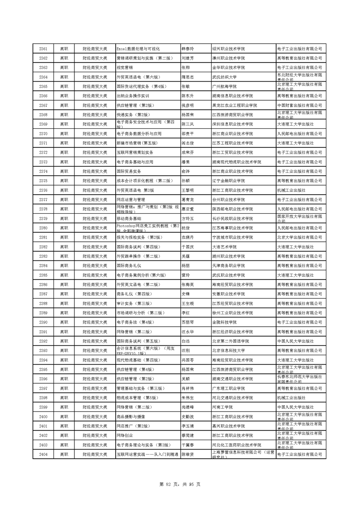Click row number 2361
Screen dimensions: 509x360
pos(44,49)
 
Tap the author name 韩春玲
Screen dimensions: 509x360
pos(187,49)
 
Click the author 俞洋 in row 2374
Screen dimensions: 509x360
pos(185,171)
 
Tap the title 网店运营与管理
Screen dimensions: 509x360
pos(131,200)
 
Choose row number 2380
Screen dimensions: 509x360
pos(44,228)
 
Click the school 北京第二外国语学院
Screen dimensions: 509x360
pos(231,341)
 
